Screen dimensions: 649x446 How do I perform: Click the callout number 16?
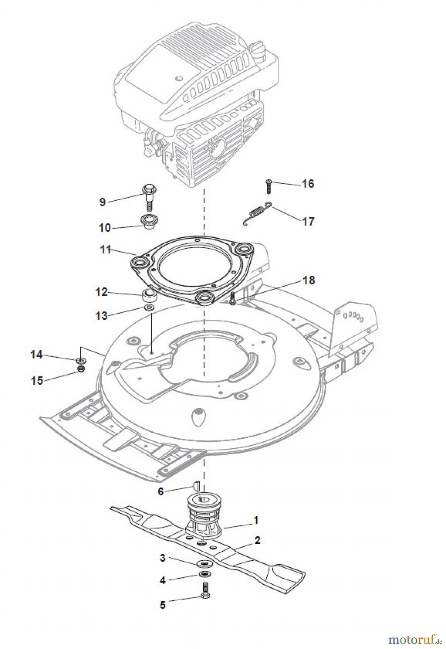point(308,184)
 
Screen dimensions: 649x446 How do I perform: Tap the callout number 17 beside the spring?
point(308,221)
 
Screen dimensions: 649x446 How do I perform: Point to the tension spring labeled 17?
point(257,213)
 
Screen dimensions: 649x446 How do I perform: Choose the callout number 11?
point(105,250)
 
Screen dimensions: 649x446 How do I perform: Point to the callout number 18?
point(309,280)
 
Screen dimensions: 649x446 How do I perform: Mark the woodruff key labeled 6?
point(197,486)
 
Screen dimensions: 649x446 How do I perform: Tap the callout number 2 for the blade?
point(257,540)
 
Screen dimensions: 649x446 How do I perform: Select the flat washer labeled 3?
point(204,564)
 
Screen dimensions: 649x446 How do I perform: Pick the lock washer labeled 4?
point(204,574)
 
